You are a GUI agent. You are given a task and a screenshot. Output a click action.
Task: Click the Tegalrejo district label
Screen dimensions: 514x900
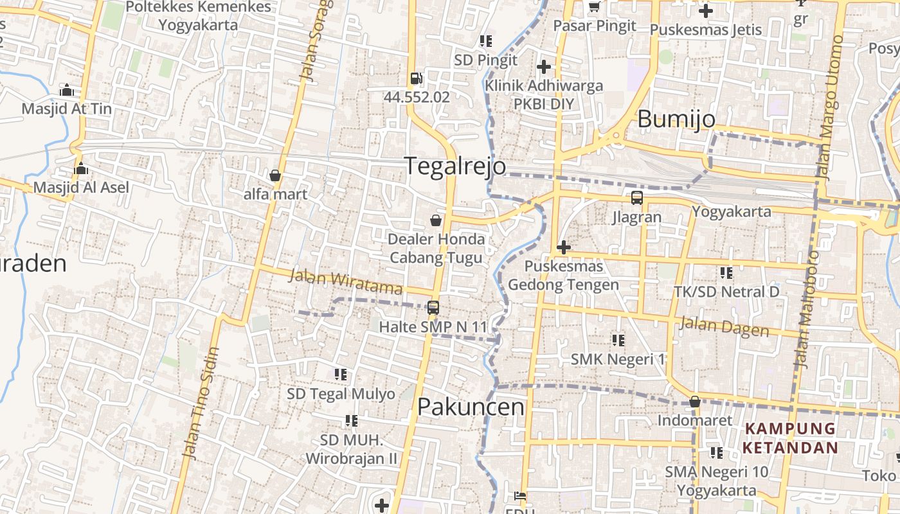point(455,166)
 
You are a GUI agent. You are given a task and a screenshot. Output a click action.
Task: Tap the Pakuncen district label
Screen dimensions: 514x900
point(471,407)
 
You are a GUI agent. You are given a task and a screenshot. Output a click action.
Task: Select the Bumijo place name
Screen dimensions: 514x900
point(676,119)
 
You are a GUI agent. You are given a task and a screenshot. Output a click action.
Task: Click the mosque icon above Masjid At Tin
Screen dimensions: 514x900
point(66,90)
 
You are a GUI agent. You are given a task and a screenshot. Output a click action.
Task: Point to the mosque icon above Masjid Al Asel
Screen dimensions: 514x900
point(81,169)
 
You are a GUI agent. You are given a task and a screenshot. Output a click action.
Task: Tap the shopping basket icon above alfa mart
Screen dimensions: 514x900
point(275,175)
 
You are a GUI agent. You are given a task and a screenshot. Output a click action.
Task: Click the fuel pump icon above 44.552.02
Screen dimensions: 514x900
point(416,78)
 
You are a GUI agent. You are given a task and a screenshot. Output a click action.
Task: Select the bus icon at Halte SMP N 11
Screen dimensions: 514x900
point(433,308)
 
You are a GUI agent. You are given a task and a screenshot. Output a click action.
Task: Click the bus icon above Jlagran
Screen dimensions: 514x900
point(636,198)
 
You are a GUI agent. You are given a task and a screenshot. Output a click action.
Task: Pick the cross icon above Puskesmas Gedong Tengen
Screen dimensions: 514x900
point(563,247)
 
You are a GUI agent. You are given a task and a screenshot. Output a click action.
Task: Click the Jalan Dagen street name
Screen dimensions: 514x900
point(724,326)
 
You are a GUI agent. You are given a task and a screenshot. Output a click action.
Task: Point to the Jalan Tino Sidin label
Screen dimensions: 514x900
point(201,403)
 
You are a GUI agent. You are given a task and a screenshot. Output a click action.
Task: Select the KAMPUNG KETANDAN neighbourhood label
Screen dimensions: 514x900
point(789,438)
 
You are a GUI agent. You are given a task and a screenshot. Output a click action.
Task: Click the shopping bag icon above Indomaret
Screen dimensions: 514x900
point(694,402)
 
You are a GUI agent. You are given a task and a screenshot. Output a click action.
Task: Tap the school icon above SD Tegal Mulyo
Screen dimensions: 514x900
point(341,374)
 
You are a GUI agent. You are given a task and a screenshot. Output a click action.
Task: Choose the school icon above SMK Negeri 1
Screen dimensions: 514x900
point(618,340)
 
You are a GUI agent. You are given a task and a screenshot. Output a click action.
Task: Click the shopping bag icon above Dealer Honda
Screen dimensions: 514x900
point(436,221)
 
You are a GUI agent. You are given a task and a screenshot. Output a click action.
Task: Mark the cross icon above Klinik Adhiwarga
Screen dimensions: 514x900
point(544,66)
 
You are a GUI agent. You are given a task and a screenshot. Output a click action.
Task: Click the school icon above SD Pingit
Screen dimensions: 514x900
point(485,41)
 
